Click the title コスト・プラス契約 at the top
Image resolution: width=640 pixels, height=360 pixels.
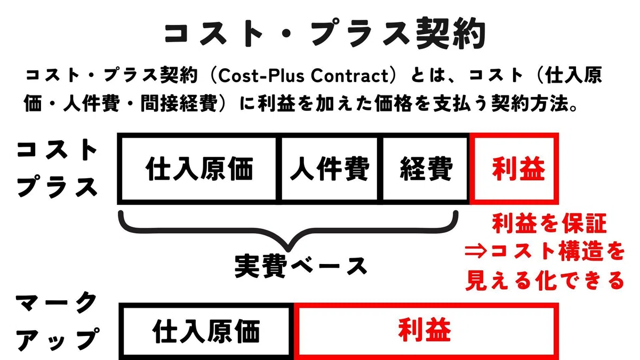(325, 33)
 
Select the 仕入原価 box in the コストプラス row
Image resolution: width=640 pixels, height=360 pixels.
(199, 169)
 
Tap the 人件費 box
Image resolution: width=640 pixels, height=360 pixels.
(330, 169)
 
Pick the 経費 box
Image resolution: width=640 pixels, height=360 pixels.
(426, 169)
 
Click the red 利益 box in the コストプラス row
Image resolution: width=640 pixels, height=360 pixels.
(514, 169)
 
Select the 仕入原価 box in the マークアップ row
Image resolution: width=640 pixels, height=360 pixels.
(206, 331)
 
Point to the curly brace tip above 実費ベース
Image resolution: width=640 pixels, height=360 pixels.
(288, 250)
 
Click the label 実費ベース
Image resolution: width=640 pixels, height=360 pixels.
(301, 267)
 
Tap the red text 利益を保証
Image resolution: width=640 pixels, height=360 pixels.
(549, 223)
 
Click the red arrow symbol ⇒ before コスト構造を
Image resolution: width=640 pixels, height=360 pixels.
(475, 252)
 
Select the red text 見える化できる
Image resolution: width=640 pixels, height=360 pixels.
(545, 281)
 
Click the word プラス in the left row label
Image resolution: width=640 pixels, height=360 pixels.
(57, 187)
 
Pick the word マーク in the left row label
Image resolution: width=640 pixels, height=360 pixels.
(56, 303)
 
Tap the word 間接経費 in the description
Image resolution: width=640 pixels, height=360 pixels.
(179, 103)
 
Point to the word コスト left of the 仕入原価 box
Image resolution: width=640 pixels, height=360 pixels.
(57, 150)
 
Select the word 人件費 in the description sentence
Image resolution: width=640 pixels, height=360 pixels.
(91, 103)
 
